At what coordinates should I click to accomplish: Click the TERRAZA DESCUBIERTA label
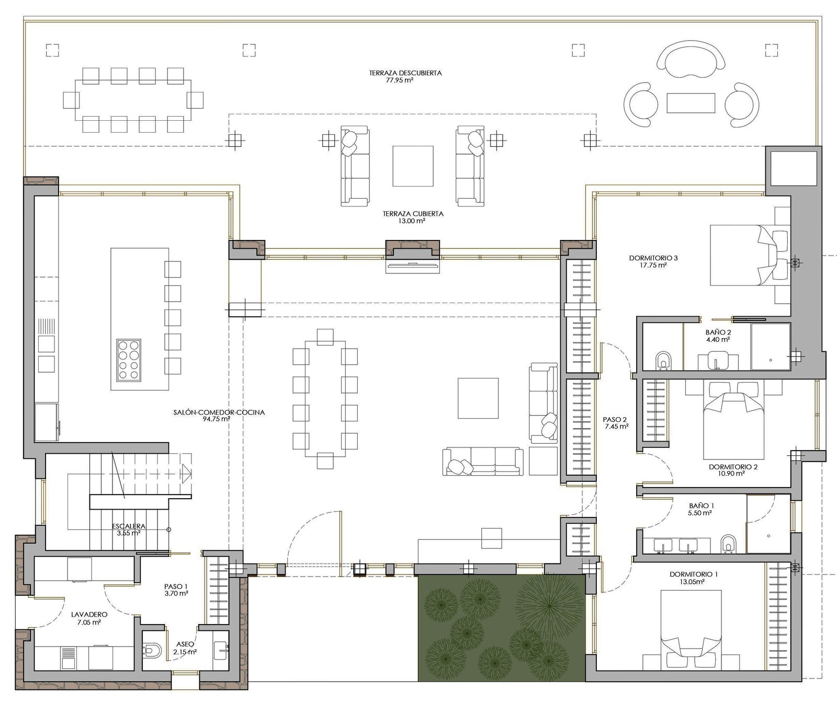click(405, 73)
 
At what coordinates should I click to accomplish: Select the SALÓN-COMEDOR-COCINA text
click(219, 412)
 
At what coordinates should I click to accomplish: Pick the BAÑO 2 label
click(718, 332)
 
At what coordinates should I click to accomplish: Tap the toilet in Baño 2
click(663, 360)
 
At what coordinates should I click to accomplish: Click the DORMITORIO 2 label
click(733, 467)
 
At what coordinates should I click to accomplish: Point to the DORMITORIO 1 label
click(694, 574)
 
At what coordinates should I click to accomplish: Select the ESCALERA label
click(129, 526)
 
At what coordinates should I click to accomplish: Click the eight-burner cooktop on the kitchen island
click(129, 360)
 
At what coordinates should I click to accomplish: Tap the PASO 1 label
click(176, 586)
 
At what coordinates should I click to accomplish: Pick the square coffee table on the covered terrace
click(413, 166)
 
